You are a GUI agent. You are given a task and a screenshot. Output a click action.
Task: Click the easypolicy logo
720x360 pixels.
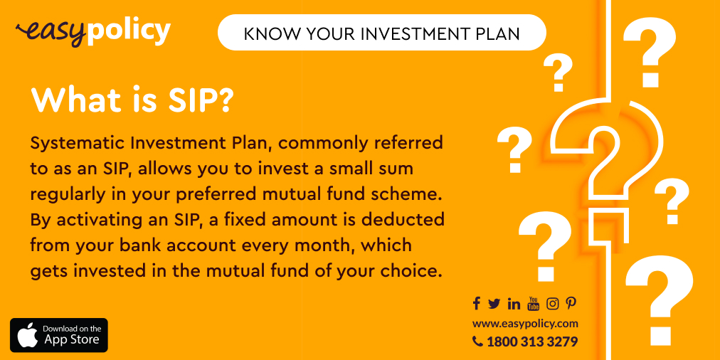point(93,31)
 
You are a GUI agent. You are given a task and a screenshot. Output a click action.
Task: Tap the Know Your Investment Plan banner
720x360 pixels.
point(381,33)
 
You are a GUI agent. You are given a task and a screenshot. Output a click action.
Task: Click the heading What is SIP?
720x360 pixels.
point(132,101)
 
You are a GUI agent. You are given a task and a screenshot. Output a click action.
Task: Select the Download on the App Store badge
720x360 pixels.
point(59,335)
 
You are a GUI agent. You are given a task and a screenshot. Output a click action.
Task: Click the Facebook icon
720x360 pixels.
point(477,304)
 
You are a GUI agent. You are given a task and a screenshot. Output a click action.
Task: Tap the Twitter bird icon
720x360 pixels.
point(494,304)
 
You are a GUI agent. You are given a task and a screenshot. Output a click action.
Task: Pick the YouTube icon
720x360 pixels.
point(534,304)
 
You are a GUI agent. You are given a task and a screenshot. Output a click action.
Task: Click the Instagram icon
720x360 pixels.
point(553,304)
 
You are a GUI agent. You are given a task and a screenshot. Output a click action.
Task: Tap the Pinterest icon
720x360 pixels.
point(571,304)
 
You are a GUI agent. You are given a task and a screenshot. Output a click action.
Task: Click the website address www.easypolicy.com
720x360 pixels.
point(525,323)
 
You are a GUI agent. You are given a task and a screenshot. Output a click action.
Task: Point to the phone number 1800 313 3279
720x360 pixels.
point(532,342)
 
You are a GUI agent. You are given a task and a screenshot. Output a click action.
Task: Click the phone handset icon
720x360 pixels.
point(477,342)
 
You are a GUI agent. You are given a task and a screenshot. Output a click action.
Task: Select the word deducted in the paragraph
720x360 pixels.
point(406,219)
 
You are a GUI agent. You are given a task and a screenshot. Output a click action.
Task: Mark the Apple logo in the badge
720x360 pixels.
point(28,335)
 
